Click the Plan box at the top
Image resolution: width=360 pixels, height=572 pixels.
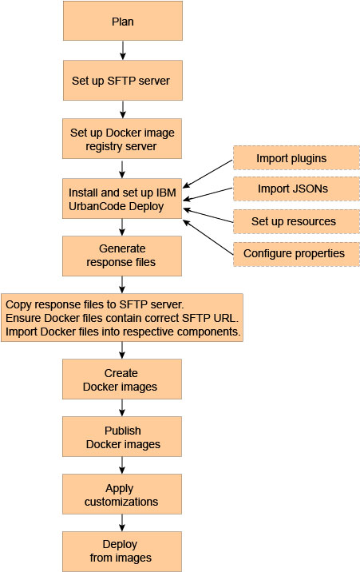click(122, 22)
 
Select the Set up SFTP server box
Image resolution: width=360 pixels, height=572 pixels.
click(122, 80)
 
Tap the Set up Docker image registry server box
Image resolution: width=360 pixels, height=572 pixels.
click(122, 138)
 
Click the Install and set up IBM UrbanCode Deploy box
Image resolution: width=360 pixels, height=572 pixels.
click(122, 198)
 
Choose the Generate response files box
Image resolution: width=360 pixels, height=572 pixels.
click(122, 255)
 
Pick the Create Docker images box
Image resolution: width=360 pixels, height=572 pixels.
click(122, 379)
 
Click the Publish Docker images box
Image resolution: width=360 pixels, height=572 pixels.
click(122, 436)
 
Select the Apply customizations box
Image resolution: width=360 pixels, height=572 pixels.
click(122, 495)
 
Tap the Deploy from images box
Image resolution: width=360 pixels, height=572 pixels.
click(122, 551)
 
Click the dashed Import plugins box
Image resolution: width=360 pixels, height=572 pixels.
click(295, 158)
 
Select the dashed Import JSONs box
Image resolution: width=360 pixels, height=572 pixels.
click(295, 189)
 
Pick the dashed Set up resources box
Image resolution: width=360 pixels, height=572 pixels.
click(295, 221)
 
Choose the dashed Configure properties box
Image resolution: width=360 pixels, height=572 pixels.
click(295, 253)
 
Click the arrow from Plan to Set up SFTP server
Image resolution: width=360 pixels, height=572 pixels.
click(122, 51)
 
